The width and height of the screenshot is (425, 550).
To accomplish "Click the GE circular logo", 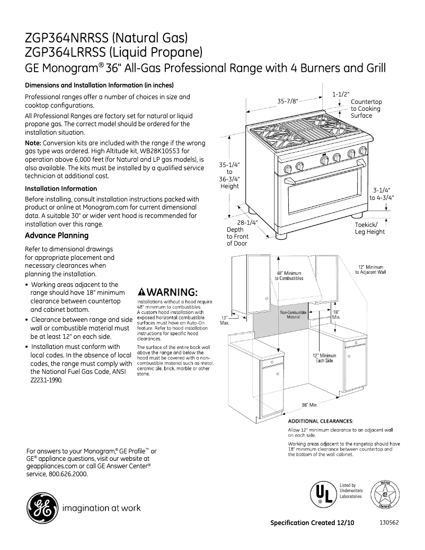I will pyautogui.click(x=41, y=508).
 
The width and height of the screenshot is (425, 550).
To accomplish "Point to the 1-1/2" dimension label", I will pyautogui.click(x=341, y=94).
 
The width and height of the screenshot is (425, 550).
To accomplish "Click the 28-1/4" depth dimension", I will pyautogui.click(x=247, y=223).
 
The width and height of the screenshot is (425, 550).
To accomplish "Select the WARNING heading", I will pyautogui.click(x=167, y=293).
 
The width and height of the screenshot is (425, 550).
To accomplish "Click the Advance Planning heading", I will pyautogui.click(x=57, y=235).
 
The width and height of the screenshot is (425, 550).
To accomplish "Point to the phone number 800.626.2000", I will pyautogui.click(x=65, y=474).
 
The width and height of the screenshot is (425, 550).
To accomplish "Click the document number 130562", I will pyautogui.click(x=389, y=522).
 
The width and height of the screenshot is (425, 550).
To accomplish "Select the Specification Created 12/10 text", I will pyautogui.click(x=312, y=522).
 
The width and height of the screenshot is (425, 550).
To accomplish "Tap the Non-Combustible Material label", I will pyautogui.click(x=293, y=315).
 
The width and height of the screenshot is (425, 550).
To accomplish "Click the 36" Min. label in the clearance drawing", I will pyautogui.click(x=309, y=406).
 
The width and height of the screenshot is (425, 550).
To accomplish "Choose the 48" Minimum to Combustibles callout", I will pyautogui.click(x=289, y=276).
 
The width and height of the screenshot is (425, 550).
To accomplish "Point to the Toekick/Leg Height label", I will pyautogui.click(x=369, y=228).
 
